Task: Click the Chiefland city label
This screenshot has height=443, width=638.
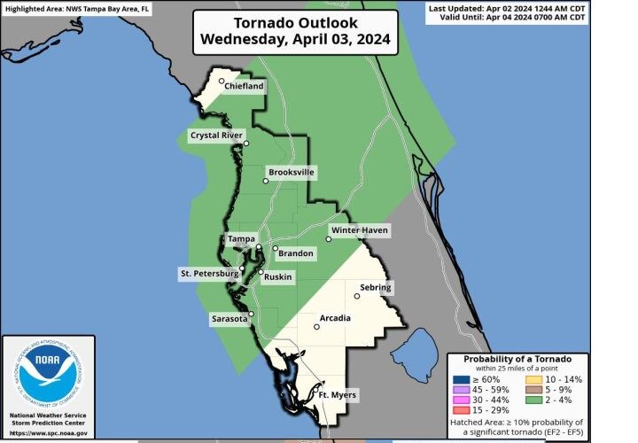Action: click(244, 87)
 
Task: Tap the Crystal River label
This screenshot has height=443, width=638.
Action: click(215, 136)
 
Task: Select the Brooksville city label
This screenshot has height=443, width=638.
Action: click(292, 172)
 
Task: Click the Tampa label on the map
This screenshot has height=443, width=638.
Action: click(241, 239)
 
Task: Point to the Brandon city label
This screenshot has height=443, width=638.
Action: click(296, 253)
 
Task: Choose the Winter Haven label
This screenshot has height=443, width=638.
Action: click(360, 231)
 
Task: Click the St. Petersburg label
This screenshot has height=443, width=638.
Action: click(209, 273)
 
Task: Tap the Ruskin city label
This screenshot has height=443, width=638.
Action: click(279, 277)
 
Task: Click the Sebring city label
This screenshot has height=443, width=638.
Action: click(376, 288)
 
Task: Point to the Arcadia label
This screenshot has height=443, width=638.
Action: click(335, 318)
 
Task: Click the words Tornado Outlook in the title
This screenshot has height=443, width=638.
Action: click(294, 23)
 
